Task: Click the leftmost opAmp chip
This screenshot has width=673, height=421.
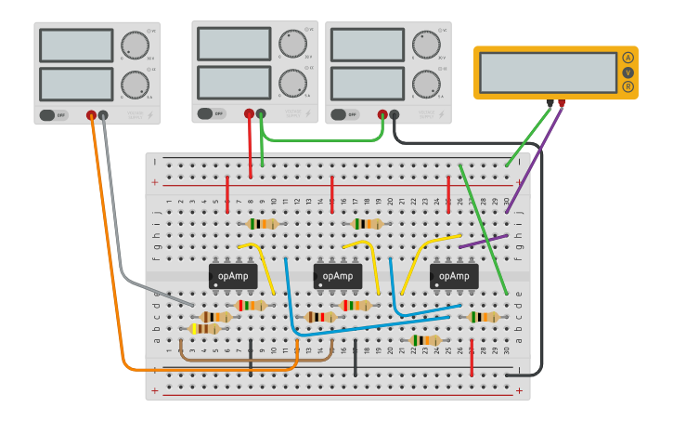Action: tap(233, 276)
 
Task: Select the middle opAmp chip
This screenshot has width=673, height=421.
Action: tap(338, 276)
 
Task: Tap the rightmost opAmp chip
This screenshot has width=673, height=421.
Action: tap(454, 276)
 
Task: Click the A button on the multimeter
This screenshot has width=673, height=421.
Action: tap(628, 58)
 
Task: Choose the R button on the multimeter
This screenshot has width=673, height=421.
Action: tap(628, 86)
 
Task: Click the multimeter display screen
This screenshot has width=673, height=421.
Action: tap(549, 72)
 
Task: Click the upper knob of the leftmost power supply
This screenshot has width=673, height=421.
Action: tap(135, 45)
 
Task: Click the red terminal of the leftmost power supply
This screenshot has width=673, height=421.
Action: tap(91, 116)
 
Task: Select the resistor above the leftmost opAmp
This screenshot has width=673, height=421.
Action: tap(264, 224)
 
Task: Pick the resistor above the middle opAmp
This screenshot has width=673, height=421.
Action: tap(368, 224)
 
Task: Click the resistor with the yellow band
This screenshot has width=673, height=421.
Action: tap(205, 329)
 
